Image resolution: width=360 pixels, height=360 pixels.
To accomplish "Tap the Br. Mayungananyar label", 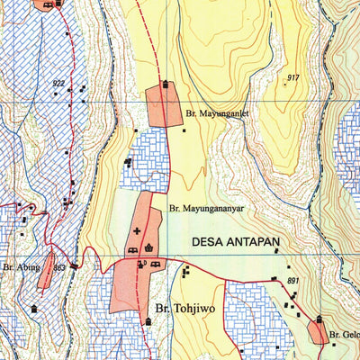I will pyautogui.click(x=206, y=208).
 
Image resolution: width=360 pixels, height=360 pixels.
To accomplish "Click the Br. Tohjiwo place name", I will pyautogui.click(x=187, y=307).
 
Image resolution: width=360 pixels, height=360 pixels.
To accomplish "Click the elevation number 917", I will pyautogui.click(x=292, y=78).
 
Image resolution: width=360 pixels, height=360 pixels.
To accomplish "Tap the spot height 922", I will pyautogui.click(x=58, y=84).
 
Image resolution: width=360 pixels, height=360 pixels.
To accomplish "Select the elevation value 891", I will pyautogui.click(x=292, y=282).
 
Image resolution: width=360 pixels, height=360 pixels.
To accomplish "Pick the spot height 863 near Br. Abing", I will pyautogui.click(x=59, y=267).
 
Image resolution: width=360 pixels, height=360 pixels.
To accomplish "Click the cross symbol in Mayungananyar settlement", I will pyautogui.click(x=137, y=231).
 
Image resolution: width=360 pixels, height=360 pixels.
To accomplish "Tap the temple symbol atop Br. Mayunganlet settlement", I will pyautogui.click(x=165, y=85).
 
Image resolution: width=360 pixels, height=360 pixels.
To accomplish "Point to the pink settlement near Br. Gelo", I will pyautogui.click(x=319, y=332).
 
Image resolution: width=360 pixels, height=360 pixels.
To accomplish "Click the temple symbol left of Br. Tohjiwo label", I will pyautogui.click(x=147, y=321).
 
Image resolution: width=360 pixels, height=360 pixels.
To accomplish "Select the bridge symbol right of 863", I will pyautogui.click(x=75, y=265).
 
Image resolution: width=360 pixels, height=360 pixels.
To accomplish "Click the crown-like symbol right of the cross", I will pyautogui.click(x=149, y=248).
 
